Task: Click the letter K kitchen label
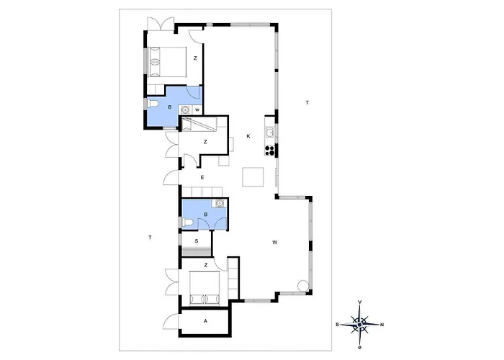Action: point(248,136)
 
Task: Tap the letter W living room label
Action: point(275,243)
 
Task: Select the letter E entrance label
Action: point(202,177)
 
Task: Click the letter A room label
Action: point(205,321)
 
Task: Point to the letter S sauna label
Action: point(197,241)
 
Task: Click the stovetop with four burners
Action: point(270,150)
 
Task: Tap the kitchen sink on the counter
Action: point(269,132)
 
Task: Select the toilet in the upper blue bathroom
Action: point(153,104)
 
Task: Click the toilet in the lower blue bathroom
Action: point(187,222)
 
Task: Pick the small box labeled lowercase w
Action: point(197,110)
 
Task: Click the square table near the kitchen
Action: point(253,177)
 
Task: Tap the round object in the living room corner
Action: point(302,285)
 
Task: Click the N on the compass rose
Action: point(382,325)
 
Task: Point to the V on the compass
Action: point(360,302)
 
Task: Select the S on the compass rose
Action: point(337,325)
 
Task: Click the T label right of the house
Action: point(307,103)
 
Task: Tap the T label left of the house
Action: point(150,238)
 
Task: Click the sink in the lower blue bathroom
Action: point(220,203)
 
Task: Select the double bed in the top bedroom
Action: point(167,62)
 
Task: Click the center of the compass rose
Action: point(360,325)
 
